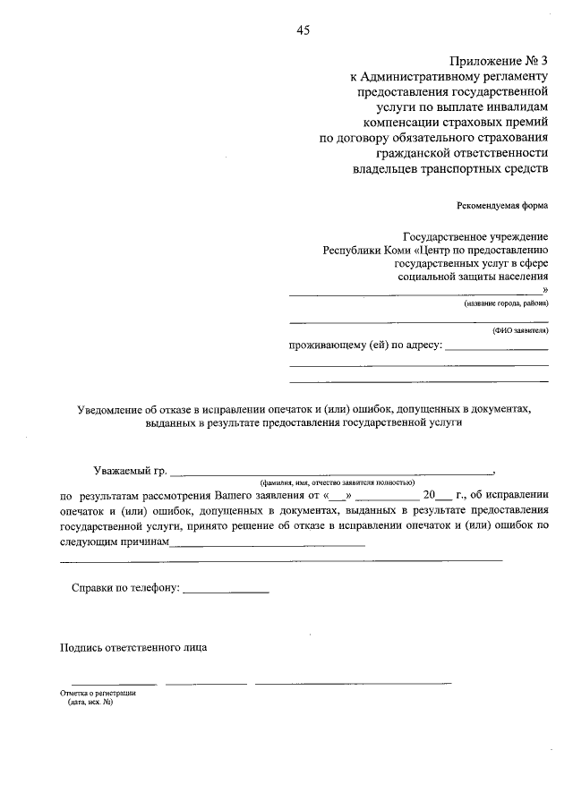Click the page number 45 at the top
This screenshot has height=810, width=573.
303,30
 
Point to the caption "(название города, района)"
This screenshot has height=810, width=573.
505,304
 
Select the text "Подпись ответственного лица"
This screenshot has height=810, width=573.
133,647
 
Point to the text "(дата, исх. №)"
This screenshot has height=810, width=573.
90,703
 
